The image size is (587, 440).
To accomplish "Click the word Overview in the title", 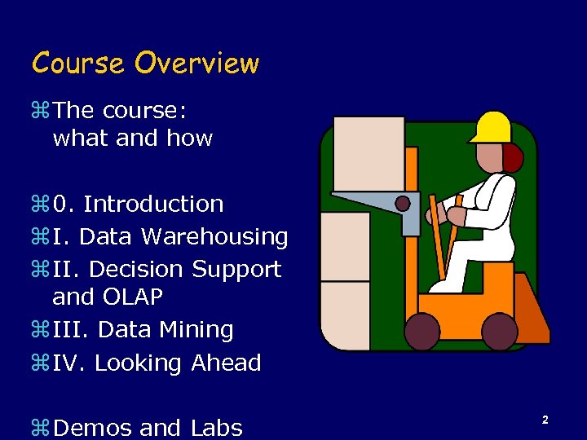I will [196, 64].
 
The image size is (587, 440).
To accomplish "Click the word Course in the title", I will [78, 64].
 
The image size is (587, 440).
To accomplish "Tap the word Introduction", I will [153, 204].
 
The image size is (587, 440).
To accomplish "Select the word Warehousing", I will [214, 237].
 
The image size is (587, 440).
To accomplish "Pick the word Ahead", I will [226, 363].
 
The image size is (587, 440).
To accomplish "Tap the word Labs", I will [216, 427].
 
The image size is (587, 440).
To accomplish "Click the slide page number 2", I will [544, 420].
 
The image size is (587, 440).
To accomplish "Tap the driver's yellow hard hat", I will [492, 127].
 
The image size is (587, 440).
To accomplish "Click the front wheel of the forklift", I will [423, 332].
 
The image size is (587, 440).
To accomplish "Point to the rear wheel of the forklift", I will [499, 332].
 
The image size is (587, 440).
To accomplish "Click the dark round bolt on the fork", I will [402, 203].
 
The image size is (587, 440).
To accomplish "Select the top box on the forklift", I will [369, 153].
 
